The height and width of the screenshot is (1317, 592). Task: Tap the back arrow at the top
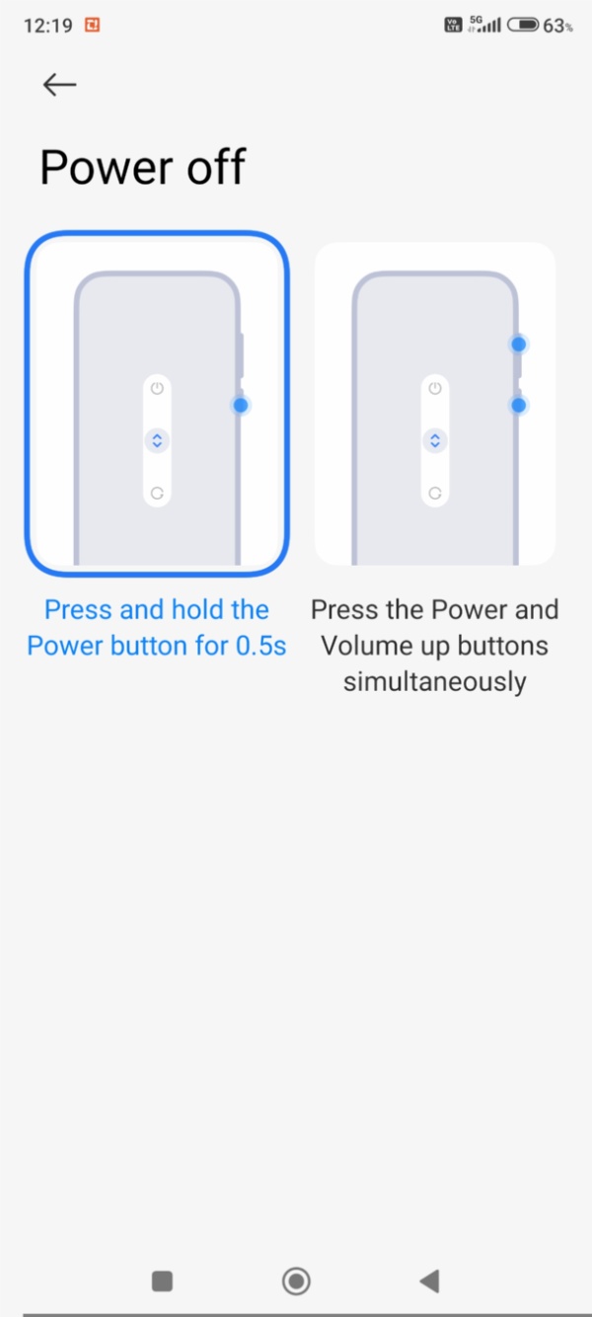59,85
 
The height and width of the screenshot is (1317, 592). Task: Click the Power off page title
142,167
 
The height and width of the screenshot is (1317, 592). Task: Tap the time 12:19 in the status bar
47,26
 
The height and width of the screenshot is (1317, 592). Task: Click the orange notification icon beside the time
93,25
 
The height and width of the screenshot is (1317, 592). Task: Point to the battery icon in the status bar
523,25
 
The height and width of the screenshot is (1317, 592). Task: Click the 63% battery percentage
557,26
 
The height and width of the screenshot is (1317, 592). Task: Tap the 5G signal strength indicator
484,24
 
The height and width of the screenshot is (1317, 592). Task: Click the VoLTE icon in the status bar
453,25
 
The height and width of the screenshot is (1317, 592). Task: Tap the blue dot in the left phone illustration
241,405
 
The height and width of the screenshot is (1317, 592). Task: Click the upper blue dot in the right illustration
519,344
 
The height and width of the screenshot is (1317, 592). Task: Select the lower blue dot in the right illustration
519,405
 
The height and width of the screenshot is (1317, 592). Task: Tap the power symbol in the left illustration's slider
157,388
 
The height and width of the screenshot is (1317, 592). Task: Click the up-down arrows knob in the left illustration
157,440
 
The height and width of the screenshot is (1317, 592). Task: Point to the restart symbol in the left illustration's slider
157,493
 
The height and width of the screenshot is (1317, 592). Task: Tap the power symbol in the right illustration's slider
435,388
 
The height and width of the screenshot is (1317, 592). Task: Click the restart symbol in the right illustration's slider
435,493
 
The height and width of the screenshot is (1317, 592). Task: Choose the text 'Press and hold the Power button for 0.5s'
157,627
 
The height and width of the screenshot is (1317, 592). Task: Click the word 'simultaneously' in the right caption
435,682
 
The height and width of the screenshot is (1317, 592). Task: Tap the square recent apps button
162,1281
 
